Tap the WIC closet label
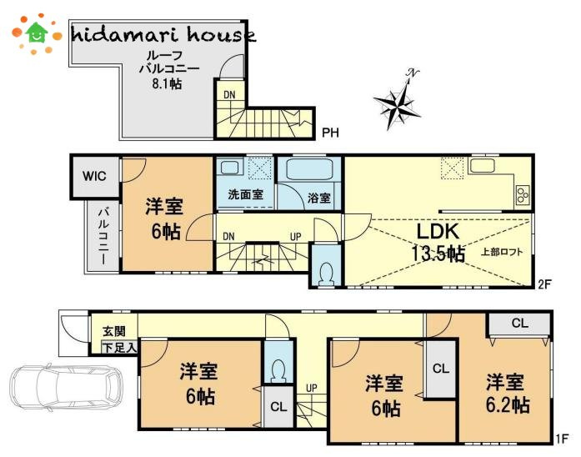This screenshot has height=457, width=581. pos(94,176)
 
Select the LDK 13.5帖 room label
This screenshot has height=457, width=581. pos(438,242)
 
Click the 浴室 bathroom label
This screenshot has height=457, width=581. pos(318,198)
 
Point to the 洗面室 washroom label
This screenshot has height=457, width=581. pos(245,193)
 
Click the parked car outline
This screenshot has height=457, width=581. pos(67,388)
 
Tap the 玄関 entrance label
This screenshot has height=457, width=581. pos(114,331)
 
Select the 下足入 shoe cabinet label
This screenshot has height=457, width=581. pos(119,348)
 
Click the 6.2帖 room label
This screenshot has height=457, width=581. pos(507,394)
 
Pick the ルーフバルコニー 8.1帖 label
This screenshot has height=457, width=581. pos(168,70)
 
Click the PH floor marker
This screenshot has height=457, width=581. pos(330,133)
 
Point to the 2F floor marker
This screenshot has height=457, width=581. pos(544,284)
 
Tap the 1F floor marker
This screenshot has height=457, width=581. pos(562,439)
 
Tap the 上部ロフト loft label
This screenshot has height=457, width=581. pos(502,252)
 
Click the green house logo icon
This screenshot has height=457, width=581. pos(37,33)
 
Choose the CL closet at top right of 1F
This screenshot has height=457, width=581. pos(519,324)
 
